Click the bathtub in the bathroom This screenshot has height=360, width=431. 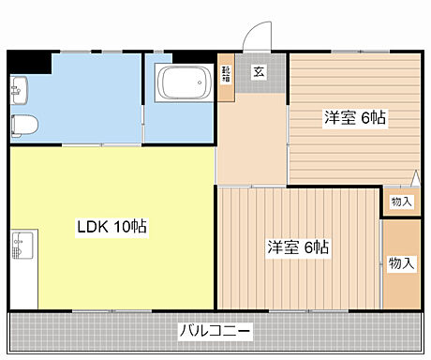coord(182,87)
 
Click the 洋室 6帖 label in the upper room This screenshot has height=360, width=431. coord(355,118)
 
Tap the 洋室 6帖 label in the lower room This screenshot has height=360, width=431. coord(297,247)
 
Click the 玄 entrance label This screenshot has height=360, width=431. coord(259,69)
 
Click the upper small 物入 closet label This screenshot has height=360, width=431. coord(400,202)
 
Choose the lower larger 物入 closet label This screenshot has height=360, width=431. coord(401,262)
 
